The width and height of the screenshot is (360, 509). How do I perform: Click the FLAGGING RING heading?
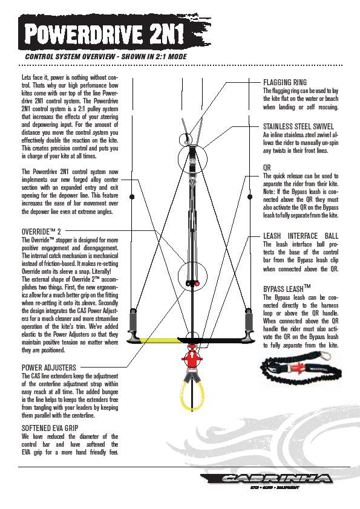point(284,82)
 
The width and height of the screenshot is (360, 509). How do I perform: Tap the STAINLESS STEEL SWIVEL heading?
point(298,126)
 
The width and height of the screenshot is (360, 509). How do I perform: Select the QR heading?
point(267,167)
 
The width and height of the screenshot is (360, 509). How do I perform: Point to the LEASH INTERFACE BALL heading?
point(301,236)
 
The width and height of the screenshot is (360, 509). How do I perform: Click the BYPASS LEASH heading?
point(287,288)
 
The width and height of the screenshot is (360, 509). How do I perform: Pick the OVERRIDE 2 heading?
point(41,232)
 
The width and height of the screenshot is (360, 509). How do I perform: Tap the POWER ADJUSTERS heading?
point(49,368)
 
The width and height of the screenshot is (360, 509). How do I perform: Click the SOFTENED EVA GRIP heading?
point(50,428)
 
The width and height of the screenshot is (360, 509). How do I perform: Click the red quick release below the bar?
point(192,357)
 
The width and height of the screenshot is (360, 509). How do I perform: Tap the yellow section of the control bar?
point(159,340)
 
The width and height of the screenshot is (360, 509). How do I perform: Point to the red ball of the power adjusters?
point(197,284)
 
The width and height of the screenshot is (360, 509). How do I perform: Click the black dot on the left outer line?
point(132,196)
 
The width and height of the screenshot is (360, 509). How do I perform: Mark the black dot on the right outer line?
point(250,196)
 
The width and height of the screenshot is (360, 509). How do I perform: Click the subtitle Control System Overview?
point(106,56)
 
